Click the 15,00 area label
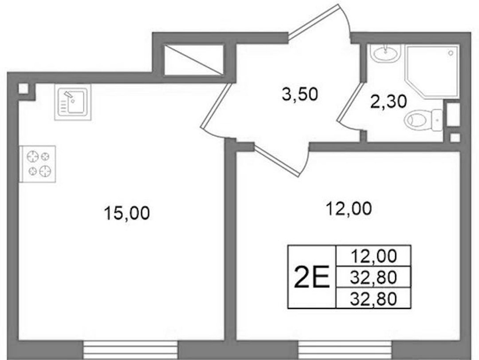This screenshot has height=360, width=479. (x=127, y=213)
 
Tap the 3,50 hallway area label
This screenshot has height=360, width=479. (x=300, y=94)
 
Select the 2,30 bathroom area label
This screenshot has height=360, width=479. (x=388, y=102)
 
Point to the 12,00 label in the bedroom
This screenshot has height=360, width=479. (x=349, y=209)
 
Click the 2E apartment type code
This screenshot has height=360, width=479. (x=312, y=277)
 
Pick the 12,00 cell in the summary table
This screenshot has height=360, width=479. (x=374, y=256)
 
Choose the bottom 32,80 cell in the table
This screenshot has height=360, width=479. (x=373, y=299)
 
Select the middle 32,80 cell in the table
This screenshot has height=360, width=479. (x=373, y=277)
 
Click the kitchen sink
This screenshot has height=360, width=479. (x=73, y=103)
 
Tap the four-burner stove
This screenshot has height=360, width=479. (x=38, y=164)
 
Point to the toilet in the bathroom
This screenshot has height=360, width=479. (x=424, y=120)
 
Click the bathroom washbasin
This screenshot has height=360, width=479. (x=385, y=53)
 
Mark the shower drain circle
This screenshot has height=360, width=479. (x=451, y=53)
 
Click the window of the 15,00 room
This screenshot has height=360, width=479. (x=130, y=350)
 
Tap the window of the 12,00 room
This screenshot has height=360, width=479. (x=345, y=350)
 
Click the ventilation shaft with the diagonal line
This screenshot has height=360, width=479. (x=194, y=60)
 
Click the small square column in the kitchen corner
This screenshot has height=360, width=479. (x=23, y=89)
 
